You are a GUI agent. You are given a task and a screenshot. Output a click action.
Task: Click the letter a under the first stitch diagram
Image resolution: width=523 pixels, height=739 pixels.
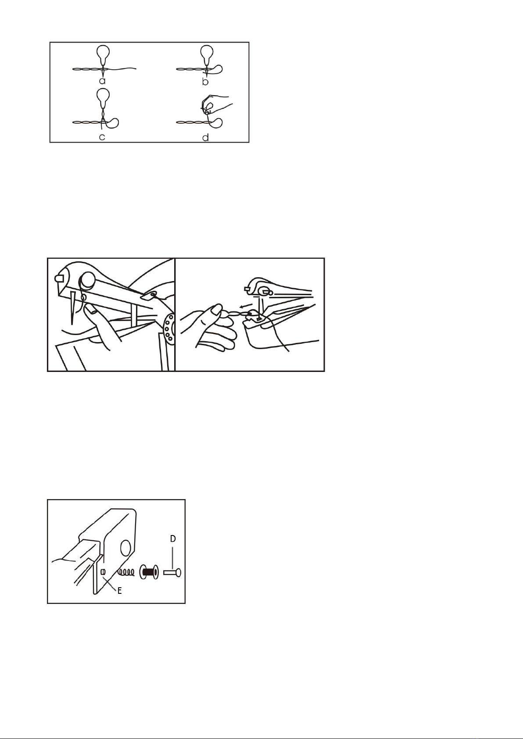tap(102, 81)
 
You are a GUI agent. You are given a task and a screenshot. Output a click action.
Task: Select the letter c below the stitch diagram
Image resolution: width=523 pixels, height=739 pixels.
tap(102, 136)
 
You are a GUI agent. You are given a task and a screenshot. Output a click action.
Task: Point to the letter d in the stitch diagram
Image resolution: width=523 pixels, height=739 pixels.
tap(206, 136)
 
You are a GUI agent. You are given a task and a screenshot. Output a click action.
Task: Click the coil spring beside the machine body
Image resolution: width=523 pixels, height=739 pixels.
tap(126, 573)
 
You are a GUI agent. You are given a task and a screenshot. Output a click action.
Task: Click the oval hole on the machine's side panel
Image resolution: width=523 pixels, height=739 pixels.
tap(125, 548)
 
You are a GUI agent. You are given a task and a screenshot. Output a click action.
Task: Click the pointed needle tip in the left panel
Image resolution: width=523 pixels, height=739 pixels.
tap(72, 324)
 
